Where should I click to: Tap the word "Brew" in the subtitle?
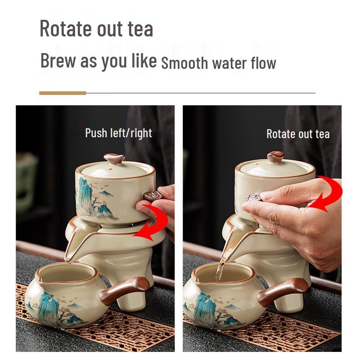click(x=58, y=60)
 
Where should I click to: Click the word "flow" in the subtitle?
click(x=263, y=63)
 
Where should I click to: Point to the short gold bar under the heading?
click(x=62, y=93)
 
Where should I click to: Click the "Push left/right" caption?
click(x=118, y=133)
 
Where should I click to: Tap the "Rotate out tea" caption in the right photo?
click(x=298, y=134)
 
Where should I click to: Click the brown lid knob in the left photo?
click(x=114, y=158)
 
